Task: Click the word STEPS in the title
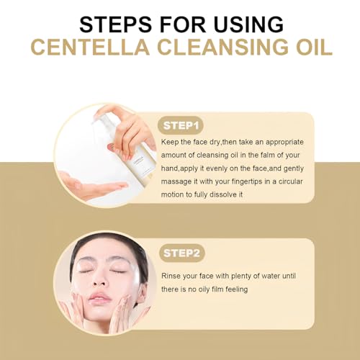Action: click(x=115, y=24)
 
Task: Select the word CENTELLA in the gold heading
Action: click(x=90, y=47)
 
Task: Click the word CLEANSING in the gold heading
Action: click(x=222, y=47)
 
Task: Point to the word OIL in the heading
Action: click(x=314, y=47)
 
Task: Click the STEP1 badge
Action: click(x=181, y=125)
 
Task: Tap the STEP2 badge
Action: click(x=181, y=253)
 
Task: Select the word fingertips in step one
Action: click(x=247, y=181)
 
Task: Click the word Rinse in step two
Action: click(x=171, y=276)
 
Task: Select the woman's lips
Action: click(x=100, y=299)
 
